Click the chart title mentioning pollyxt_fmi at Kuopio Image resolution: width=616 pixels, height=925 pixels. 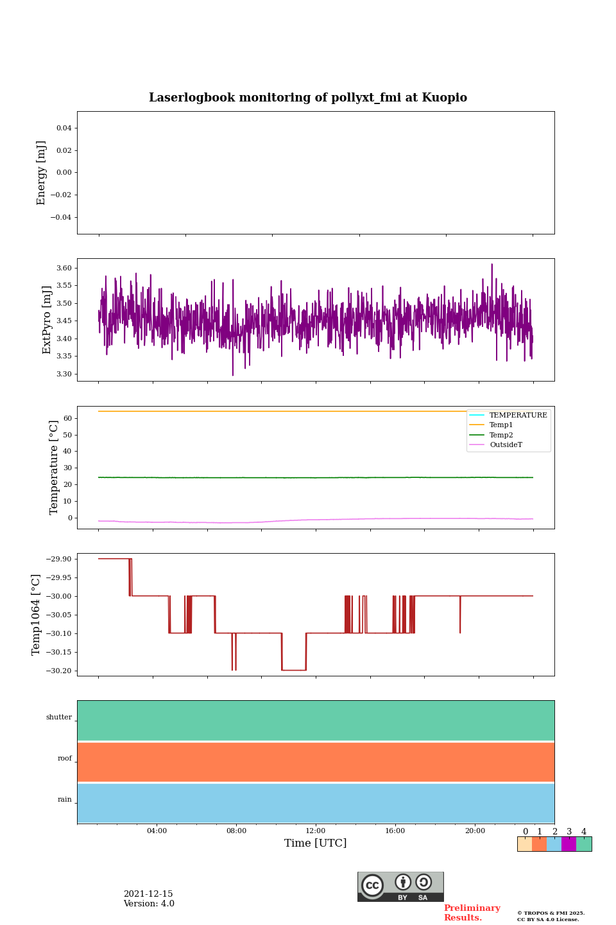tap(308, 98)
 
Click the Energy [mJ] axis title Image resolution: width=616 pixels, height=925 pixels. tap(42, 173)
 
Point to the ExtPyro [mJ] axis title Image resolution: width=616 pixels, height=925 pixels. tap(47, 320)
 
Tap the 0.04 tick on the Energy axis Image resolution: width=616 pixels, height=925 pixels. tap(64, 128)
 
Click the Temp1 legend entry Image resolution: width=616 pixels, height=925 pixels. tap(501, 425)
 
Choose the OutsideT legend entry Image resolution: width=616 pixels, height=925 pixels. tap(506, 445)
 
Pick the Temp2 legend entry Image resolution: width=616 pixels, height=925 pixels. tap(501, 436)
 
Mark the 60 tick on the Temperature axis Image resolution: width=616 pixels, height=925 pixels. tap(67, 418)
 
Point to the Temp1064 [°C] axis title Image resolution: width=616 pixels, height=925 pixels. tap(37, 615)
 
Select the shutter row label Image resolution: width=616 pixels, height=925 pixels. tap(59, 718)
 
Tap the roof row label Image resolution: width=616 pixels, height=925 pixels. tap(65, 759)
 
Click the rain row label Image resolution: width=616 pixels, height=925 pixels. tap(65, 800)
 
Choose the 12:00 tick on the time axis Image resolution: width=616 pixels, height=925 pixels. tap(316, 831)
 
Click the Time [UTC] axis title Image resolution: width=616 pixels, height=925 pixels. tap(316, 843)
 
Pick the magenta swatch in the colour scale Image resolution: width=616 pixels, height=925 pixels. tap(569, 844)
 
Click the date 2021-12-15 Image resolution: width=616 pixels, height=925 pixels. tap(148, 894)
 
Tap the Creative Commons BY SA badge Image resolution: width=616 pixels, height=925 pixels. tap(400, 886)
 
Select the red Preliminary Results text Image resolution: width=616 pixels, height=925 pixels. tap(472, 913)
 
